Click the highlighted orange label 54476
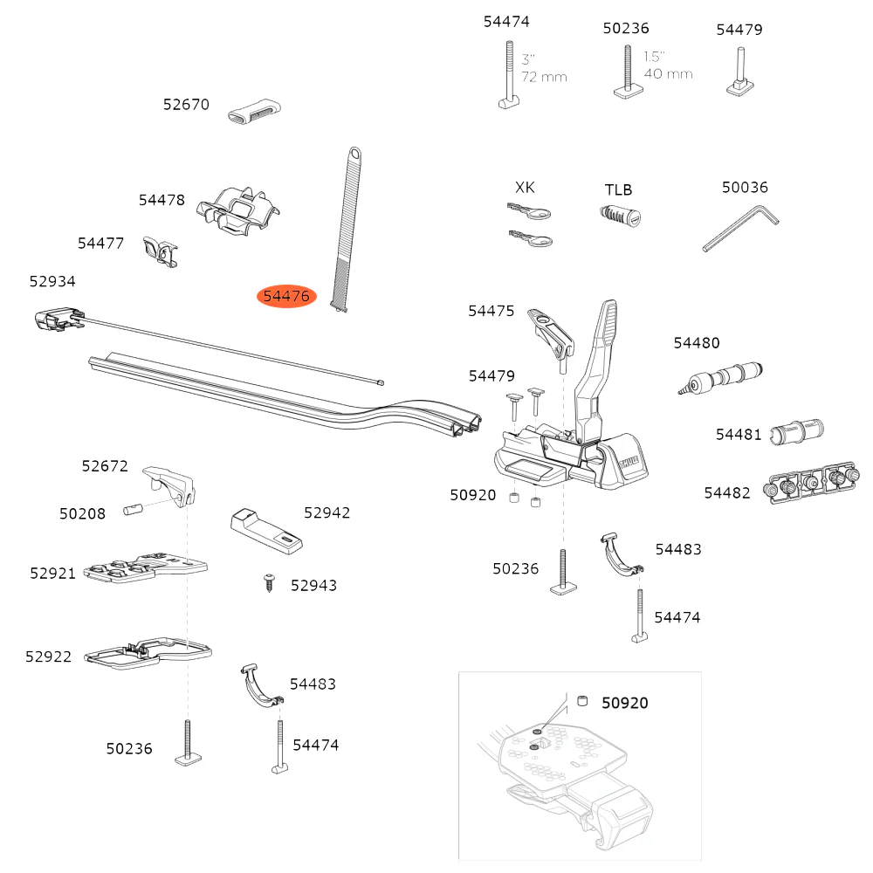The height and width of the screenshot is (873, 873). (x=286, y=297)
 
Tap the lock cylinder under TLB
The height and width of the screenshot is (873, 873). (x=621, y=215)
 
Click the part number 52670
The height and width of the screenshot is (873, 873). (x=186, y=105)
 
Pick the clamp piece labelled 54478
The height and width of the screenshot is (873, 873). (x=237, y=213)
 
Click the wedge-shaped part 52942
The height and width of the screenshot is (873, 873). (x=267, y=529)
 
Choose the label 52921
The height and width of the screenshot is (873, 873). (x=53, y=573)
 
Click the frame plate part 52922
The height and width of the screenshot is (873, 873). (x=148, y=653)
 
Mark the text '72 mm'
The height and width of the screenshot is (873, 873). (x=544, y=77)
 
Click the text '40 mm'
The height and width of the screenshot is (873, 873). (x=668, y=73)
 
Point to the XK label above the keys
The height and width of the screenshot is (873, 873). (x=525, y=187)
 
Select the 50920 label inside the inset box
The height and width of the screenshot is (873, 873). (x=624, y=703)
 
